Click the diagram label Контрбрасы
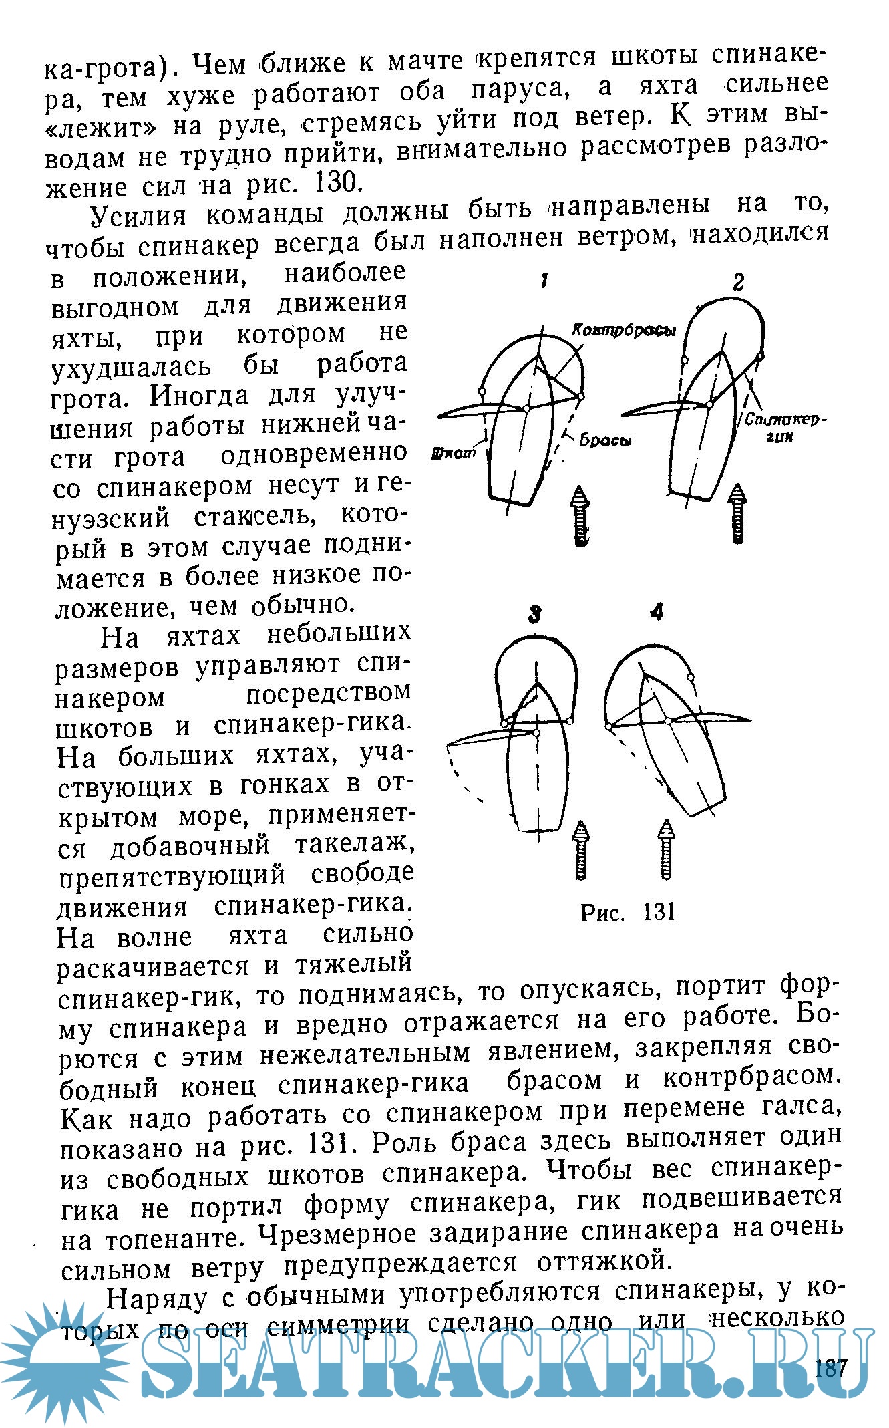(624, 331)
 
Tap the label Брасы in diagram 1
(605, 441)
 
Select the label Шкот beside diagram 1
(455, 452)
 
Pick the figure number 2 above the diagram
(737, 283)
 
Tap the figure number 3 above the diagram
(534, 613)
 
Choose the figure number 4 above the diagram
(657, 611)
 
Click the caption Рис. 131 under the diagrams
(628, 912)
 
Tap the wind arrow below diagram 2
(737, 513)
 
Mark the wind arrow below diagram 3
(581, 850)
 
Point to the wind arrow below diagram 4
(666, 849)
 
